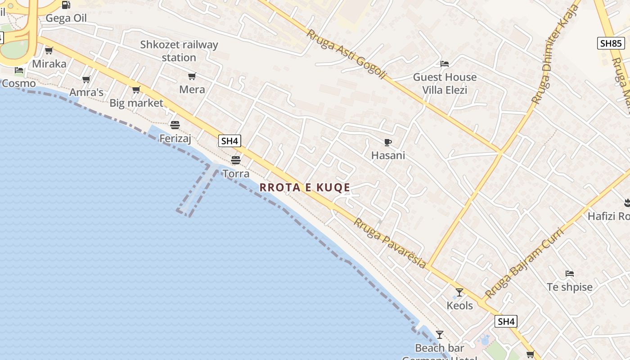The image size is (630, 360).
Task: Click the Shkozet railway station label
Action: click(x=179, y=51)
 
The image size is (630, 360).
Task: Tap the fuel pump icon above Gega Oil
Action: click(x=66, y=5)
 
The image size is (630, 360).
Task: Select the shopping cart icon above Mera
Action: click(x=192, y=76)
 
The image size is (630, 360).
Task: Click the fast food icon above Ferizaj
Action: click(x=175, y=125)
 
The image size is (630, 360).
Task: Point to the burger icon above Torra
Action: click(x=236, y=160)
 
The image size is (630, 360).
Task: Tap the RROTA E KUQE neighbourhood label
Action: click(x=305, y=188)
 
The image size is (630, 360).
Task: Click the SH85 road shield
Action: click(x=611, y=43)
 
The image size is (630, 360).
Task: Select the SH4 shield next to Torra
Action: click(x=229, y=141)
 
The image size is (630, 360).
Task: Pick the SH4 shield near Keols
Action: click(x=506, y=321)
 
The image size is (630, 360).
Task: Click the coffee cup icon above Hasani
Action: click(x=388, y=143)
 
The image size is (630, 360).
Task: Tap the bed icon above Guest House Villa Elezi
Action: click(x=445, y=64)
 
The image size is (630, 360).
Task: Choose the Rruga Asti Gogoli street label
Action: click(x=346, y=55)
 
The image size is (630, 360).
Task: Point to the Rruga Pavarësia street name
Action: click(x=390, y=243)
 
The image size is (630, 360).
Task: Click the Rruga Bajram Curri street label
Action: click(x=524, y=264)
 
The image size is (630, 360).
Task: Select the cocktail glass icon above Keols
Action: click(x=459, y=292)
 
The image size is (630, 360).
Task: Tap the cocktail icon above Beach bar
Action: click(x=440, y=335)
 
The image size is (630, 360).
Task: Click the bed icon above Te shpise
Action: click(x=570, y=274)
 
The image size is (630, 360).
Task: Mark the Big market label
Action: click(x=136, y=103)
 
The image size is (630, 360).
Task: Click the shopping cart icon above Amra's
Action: click(x=86, y=80)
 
